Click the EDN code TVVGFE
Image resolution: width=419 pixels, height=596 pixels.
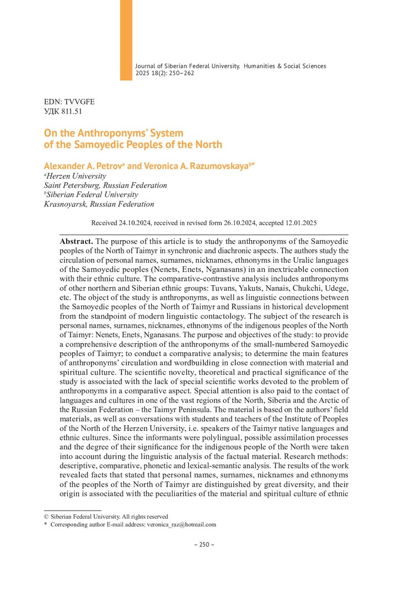[x=82, y=102]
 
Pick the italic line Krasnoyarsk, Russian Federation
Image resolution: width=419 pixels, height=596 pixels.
[x=99, y=204]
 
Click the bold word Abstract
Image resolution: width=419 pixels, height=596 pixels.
[x=76, y=241]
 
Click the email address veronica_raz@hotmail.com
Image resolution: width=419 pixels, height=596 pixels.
[x=181, y=525]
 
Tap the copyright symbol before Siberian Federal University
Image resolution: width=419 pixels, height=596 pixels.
[x=46, y=517]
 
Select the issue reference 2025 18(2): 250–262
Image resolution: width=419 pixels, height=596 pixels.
[x=165, y=73]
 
